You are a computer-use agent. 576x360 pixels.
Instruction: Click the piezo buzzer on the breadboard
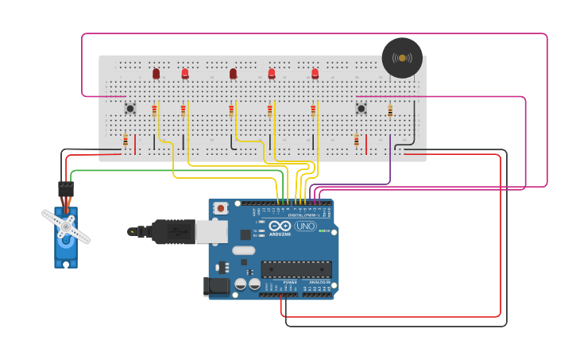402,58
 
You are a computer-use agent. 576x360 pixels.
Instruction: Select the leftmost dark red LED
156,74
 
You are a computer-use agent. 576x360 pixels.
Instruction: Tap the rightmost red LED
315,74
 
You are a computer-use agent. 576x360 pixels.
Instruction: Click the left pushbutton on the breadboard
130,108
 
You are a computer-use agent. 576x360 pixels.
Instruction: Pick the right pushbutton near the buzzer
361,108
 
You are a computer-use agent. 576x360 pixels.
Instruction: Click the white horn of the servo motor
66,226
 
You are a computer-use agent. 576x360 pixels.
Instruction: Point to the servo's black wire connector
66,188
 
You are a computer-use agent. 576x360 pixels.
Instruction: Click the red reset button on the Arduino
220,208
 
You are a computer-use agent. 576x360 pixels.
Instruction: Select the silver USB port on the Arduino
211,231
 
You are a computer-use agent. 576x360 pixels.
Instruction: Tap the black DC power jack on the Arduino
215,286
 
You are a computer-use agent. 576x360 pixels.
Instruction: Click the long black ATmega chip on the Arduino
296,269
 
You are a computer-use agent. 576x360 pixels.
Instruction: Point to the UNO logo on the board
305,226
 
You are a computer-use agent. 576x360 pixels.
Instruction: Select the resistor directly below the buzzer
390,111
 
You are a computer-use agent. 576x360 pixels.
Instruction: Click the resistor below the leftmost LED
154,110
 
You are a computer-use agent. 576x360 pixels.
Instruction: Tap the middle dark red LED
233,74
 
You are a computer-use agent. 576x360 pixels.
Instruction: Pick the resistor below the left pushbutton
125,141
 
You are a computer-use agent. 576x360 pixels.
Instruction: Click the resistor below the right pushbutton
356,141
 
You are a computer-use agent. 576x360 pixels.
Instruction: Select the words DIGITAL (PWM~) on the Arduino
303,215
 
